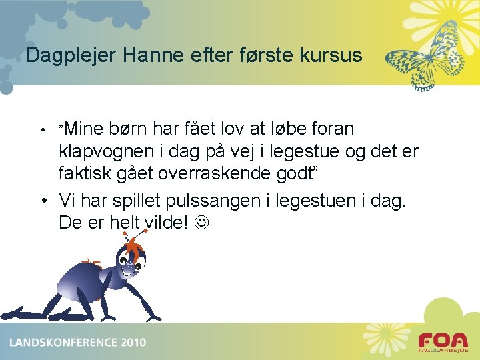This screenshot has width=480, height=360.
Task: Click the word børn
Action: point(129,128)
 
